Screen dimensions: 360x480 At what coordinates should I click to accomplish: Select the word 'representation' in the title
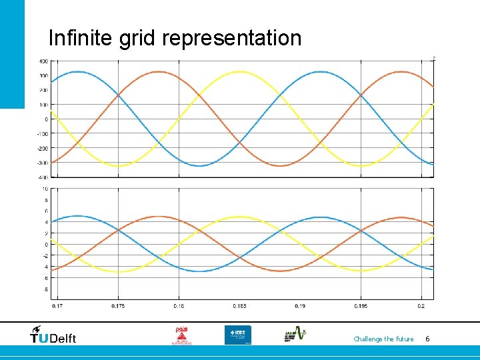point(231,39)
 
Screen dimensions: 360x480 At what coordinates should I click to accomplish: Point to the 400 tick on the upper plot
point(43,61)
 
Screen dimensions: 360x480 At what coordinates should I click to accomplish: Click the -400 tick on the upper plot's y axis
point(41,177)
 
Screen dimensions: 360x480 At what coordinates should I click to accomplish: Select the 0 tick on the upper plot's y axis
point(46,119)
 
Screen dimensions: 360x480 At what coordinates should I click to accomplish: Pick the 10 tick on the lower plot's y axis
point(45,189)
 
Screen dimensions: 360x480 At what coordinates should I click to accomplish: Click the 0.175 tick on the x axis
point(118,306)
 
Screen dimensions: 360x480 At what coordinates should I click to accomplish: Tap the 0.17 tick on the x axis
point(58,306)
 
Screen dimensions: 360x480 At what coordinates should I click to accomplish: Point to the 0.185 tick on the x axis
point(239,306)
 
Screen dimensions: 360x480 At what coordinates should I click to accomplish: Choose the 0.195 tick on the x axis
point(361,306)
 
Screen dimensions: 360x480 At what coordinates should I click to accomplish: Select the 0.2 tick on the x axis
point(421,306)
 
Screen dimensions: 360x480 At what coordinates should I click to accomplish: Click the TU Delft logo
point(53,335)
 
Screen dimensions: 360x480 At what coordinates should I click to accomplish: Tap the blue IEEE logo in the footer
point(237,335)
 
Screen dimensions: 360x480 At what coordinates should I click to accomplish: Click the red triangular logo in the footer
point(180,335)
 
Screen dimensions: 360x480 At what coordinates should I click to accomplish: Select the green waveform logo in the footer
point(295,335)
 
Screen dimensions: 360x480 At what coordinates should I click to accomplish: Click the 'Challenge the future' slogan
point(383,339)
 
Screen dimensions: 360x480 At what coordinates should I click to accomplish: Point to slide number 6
point(427,339)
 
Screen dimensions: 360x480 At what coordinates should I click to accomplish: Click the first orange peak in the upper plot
point(159,71)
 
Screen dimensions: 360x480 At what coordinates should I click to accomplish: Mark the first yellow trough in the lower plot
point(118,271)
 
